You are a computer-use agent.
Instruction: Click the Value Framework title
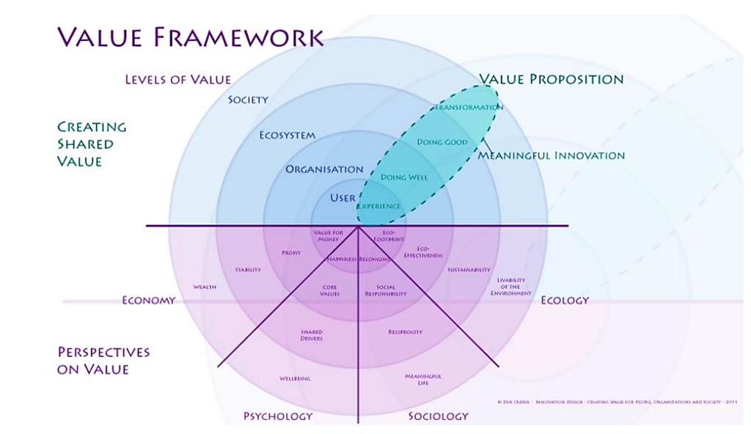[190, 37]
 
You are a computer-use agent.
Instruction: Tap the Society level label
[248, 100]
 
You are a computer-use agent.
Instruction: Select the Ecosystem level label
[287, 136]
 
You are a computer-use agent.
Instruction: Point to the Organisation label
[324, 169]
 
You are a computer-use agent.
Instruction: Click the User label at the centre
[342, 198]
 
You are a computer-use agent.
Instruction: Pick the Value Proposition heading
[551, 79]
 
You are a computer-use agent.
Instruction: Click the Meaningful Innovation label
[552, 155]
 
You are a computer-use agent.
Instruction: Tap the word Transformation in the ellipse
[469, 108]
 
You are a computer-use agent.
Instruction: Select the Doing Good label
[442, 142]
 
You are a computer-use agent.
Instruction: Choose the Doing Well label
[404, 177]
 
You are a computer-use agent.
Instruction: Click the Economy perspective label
[148, 300]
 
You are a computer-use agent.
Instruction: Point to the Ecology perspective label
[565, 300]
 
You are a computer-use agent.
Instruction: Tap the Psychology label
[278, 416]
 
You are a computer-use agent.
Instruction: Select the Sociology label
[438, 416]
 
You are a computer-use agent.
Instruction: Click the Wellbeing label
[295, 379]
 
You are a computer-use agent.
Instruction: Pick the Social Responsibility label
[386, 290]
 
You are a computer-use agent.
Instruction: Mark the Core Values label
[330, 290]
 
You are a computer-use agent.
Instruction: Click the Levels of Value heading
[177, 79]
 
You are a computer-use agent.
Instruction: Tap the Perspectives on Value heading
[103, 361]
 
